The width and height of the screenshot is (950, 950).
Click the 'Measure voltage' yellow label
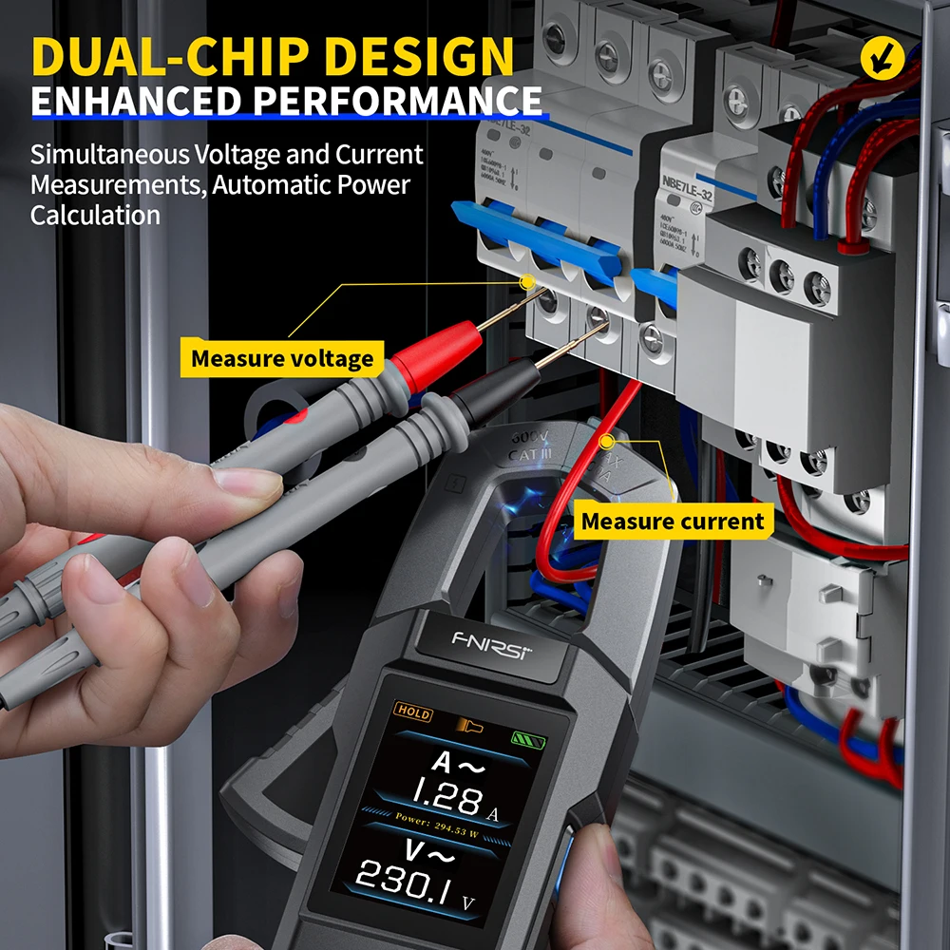282,359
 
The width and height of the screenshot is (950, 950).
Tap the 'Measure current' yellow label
673,521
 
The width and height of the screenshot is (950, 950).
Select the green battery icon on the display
523,737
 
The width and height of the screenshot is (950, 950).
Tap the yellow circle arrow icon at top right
881,58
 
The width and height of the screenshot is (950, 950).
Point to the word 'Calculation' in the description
95,215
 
